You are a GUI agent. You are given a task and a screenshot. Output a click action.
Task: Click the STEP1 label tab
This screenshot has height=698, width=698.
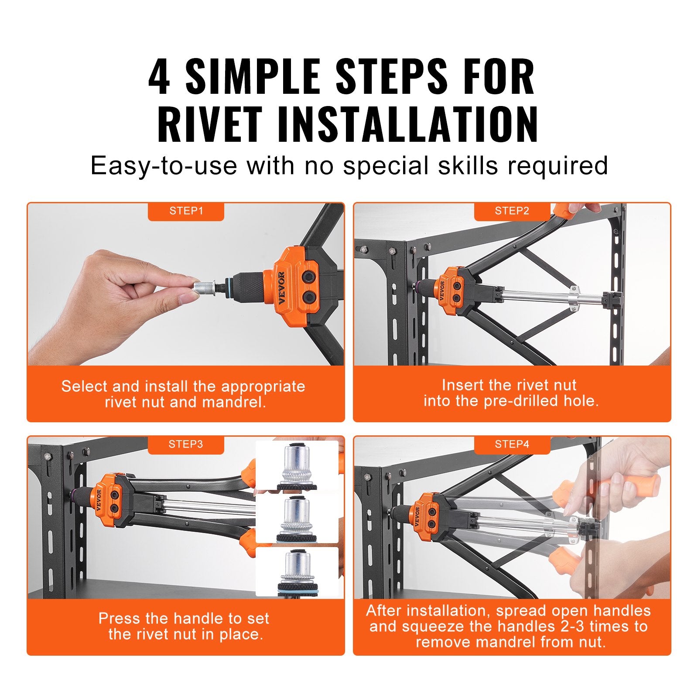tap(186, 211)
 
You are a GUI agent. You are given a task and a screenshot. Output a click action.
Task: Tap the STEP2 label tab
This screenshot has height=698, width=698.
tap(512, 211)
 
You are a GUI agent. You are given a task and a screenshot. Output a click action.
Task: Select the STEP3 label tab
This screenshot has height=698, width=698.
tap(186, 445)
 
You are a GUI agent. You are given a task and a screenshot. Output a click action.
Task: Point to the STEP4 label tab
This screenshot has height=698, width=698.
tap(512, 445)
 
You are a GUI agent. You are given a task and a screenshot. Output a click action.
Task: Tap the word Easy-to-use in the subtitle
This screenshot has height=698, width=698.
tap(164, 166)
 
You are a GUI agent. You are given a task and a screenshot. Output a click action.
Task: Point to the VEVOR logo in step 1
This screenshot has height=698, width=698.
tap(281, 288)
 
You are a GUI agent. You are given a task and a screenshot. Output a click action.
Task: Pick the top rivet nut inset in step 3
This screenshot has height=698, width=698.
tap(297, 466)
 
